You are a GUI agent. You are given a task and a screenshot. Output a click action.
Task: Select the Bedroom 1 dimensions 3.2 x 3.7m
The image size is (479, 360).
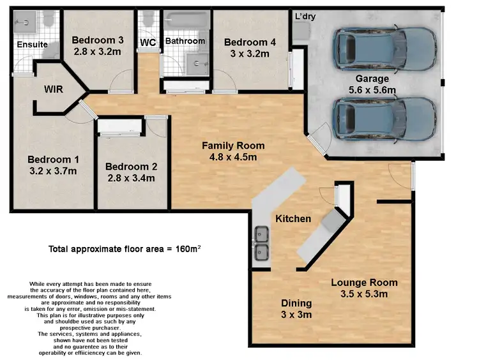click(x=52, y=171)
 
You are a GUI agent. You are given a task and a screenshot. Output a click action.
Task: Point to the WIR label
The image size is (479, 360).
click(x=53, y=89)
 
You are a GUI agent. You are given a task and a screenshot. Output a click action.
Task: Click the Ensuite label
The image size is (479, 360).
click(x=31, y=45)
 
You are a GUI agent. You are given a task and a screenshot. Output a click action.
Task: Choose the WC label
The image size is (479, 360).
click(x=148, y=42)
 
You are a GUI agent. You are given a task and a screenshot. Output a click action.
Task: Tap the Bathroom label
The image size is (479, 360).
click(x=185, y=41)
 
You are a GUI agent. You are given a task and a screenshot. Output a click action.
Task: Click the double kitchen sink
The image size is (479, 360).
click(x=261, y=244)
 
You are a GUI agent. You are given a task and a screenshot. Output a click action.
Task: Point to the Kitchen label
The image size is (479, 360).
click(x=293, y=218)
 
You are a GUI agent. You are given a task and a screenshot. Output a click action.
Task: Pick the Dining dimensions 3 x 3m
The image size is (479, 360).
click(x=297, y=315)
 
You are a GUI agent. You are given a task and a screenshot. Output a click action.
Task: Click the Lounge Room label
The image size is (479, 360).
click(x=364, y=282)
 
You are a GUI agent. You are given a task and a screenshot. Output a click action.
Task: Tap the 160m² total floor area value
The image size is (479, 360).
click(x=190, y=249)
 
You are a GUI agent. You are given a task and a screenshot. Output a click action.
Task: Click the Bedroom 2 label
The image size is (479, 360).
click(x=131, y=166)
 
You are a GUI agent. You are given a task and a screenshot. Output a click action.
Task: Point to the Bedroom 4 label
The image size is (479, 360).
click(x=250, y=42)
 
